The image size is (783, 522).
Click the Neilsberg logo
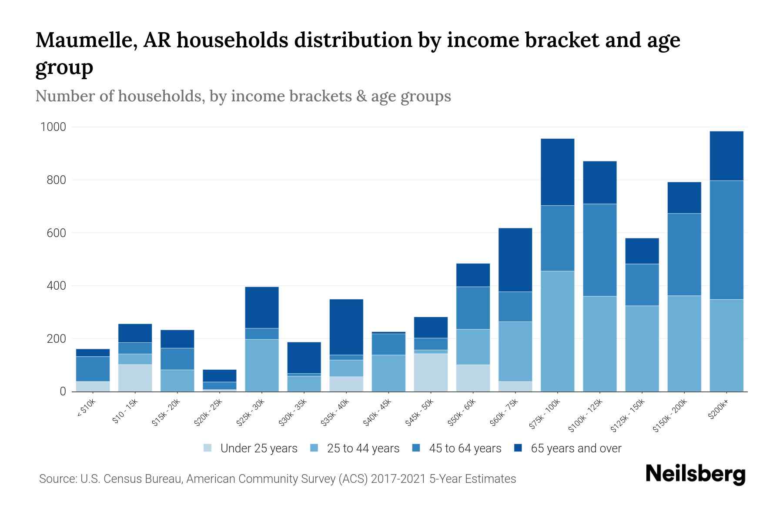coord(695,475)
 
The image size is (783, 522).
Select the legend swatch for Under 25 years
coord(208,448)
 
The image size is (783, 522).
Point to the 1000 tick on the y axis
coord(53,127)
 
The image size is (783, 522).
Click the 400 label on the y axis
coord(56,286)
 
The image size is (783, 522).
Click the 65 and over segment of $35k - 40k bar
coord(346,327)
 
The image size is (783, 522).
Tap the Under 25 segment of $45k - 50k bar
coord(431,372)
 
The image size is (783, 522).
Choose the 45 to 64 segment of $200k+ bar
coord(726,240)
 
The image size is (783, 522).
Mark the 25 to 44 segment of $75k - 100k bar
coord(557,331)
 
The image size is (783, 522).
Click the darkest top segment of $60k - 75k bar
coord(515,260)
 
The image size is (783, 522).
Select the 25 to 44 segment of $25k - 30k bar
coord(262,365)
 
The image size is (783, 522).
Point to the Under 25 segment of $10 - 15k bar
coord(135,378)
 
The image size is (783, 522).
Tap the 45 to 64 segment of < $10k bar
coord(93,369)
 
